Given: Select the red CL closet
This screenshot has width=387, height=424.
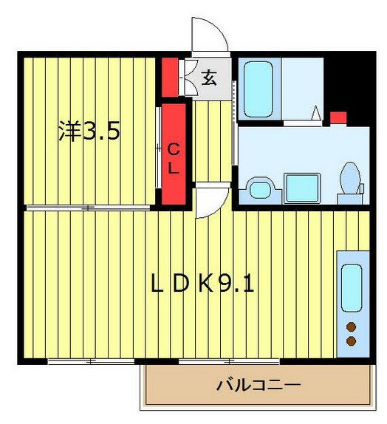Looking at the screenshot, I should pyautogui.click(x=173, y=155).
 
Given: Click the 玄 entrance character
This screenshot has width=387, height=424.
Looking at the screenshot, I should pyautogui.click(x=210, y=77).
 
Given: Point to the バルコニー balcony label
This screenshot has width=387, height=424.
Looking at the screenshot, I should pyautogui.click(x=258, y=385).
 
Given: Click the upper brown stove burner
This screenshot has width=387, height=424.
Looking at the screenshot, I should pyautogui.click(x=351, y=327).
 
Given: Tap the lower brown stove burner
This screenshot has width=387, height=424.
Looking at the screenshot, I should pyautogui.click(x=351, y=341).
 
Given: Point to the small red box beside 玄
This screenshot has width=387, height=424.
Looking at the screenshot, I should pyautogui.click(x=171, y=76).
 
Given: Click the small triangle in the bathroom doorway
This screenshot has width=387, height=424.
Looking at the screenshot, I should pyautogui.click(x=316, y=114).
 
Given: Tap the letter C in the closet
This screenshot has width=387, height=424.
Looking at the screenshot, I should pyautogui.click(x=173, y=148).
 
